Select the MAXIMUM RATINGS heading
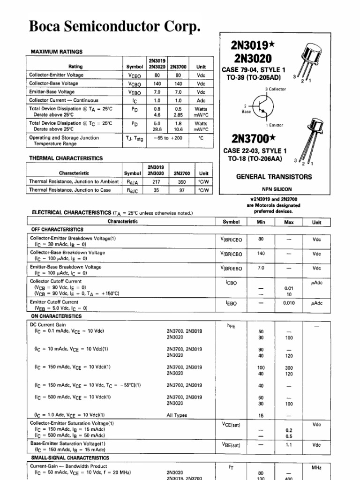pyautogui.click(x=57, y=52)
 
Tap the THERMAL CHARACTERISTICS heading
pyautogui.click(x=66, y=158)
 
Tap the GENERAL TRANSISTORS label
pyautogui.click(x=274, y=177)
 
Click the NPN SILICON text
pyautogui.click(x=274, y=189)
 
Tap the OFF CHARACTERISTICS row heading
pyautogui.click(x=57, y=230)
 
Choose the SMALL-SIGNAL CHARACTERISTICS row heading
pyautogui.click(x=70, y=457)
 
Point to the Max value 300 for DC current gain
pyautogui.click(x=289, y=368)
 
